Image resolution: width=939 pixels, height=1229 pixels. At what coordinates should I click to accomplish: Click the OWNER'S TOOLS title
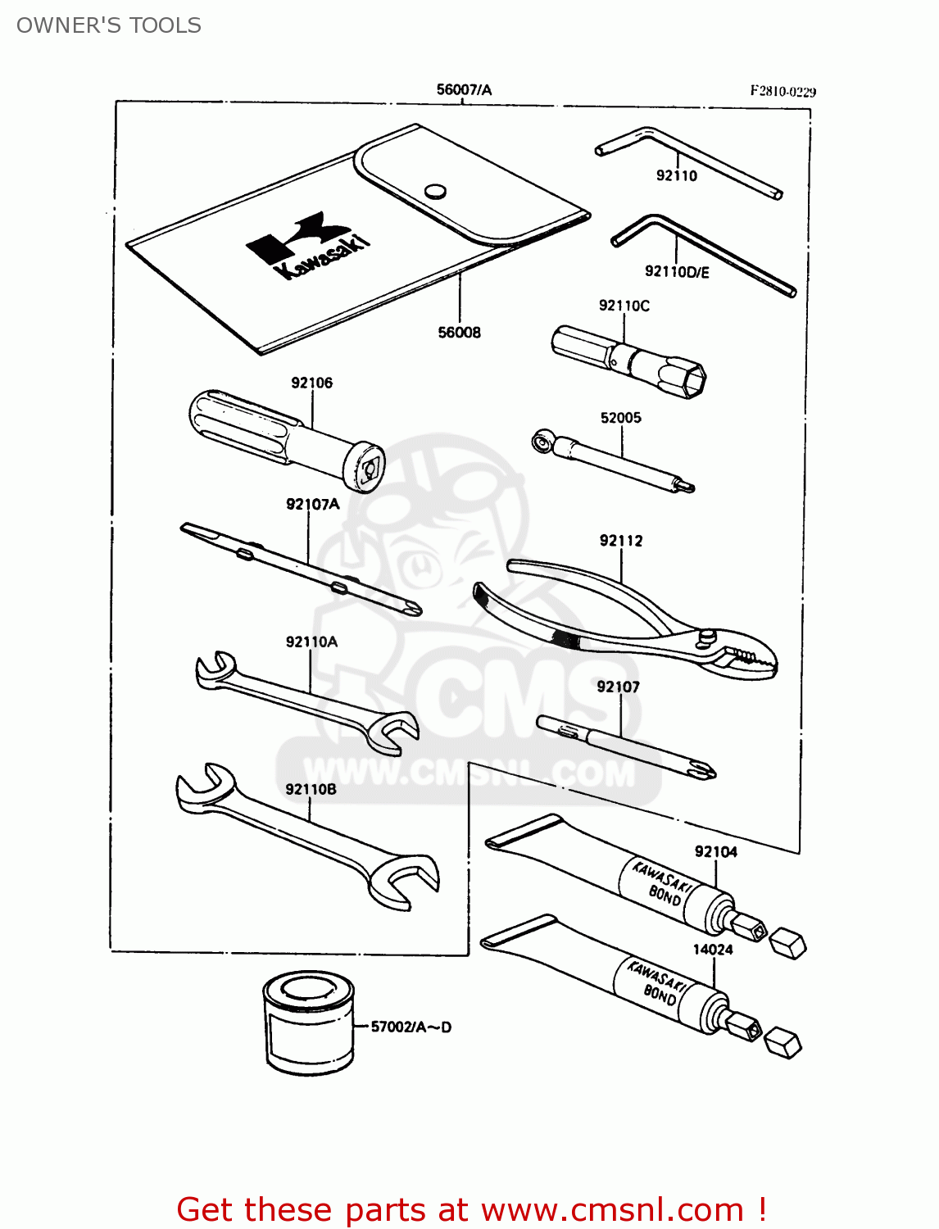tap(109, 25)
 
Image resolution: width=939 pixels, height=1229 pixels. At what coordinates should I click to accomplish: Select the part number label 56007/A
tap(464, 89)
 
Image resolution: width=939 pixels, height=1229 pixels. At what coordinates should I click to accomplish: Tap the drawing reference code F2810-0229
tap(782, 92)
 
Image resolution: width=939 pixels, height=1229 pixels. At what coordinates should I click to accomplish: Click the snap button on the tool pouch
tap(435, 192)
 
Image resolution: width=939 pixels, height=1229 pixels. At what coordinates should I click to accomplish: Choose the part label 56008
tap(459, 332)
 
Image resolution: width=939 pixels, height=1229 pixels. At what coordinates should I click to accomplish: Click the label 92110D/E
tap(677, 272)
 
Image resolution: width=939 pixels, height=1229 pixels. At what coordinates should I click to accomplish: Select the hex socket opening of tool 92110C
tap(693, 380)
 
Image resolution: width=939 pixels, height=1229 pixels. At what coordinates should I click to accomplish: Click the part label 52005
tap(620, 418)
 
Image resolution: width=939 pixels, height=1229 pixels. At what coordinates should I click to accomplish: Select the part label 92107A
tap(312, 504)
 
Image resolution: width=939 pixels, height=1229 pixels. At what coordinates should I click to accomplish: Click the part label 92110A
tap(311, 642)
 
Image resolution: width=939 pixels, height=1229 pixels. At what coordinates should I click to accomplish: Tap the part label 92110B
tap(311, 789)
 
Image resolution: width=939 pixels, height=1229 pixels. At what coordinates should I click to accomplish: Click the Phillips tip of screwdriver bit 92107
tap(702, 770)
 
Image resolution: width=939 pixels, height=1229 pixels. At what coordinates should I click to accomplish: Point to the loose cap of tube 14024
tap(783, 1043)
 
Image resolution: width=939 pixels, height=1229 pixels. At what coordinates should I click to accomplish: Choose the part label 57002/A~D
tap(411, 1027)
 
